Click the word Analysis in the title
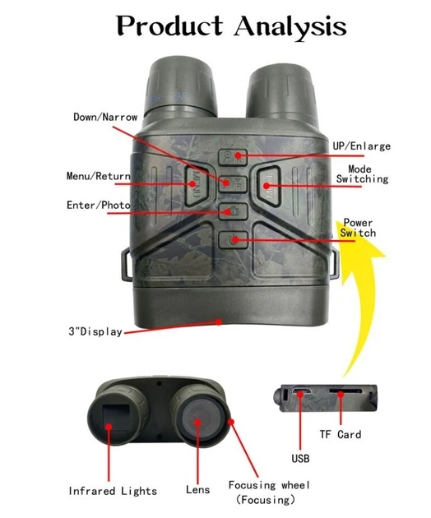pyautogui.click(x=290, y=26)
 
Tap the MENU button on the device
pyautogui.click(x=197, y=185)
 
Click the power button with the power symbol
pyautogui.click(x=233, y=240)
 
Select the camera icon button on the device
pyautogui.click(x=233, y=211)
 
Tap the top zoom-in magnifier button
pyautogui.click(x=233, y=157)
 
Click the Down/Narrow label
pyautogui.click(x=105, y=117)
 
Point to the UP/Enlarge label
pyautogui.click(x=361, y=146)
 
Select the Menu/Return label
pyautogui.click(x=98, y=176)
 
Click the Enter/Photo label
pyautogui.click(x=98, y=206)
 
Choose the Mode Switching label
pyautogui.click(x=362, y=174)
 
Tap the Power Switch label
pyautogui.click(x=358, y=228)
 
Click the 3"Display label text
pyautogui.click(x=95, y=331)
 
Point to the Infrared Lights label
pyautogui.click(x=113, y=491)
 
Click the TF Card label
pyautogui.click(x=340, y=434)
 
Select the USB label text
pyautogui.click(x=300, y=458)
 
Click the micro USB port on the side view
pyautogui.click(x=301, y=391)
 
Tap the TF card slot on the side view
pyautogui.click(x=345, y=391)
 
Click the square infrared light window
pyautogui.click(x=116, y=418)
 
